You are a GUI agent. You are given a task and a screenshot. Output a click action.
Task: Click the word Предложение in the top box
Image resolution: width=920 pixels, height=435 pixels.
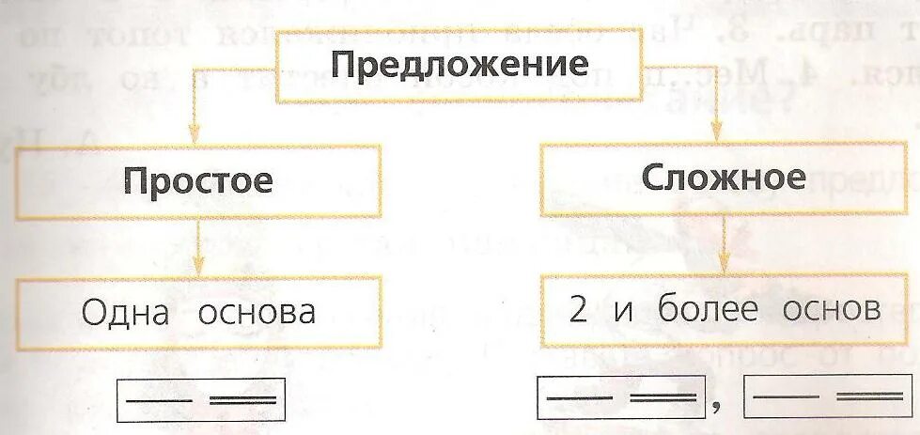[x=460, y=67]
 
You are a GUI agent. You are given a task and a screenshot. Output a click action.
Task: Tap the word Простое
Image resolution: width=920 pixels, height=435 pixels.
[x=198, y=180]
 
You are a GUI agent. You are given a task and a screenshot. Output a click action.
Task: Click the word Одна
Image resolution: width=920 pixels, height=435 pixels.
[x=126, y=312]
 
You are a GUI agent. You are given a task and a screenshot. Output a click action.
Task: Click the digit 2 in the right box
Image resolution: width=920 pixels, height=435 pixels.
[x=578, y=309]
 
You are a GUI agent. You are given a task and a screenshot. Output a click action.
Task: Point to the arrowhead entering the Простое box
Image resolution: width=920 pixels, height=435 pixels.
[x=193, y=134]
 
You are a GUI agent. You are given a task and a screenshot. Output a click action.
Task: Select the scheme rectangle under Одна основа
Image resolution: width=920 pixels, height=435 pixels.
[x=199, y=398]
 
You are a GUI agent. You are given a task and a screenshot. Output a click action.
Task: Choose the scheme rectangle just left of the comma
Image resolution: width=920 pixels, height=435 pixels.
[x=621, y=397]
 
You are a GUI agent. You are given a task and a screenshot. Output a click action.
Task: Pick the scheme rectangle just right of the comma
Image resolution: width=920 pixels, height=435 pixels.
[x=828, y=396]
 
